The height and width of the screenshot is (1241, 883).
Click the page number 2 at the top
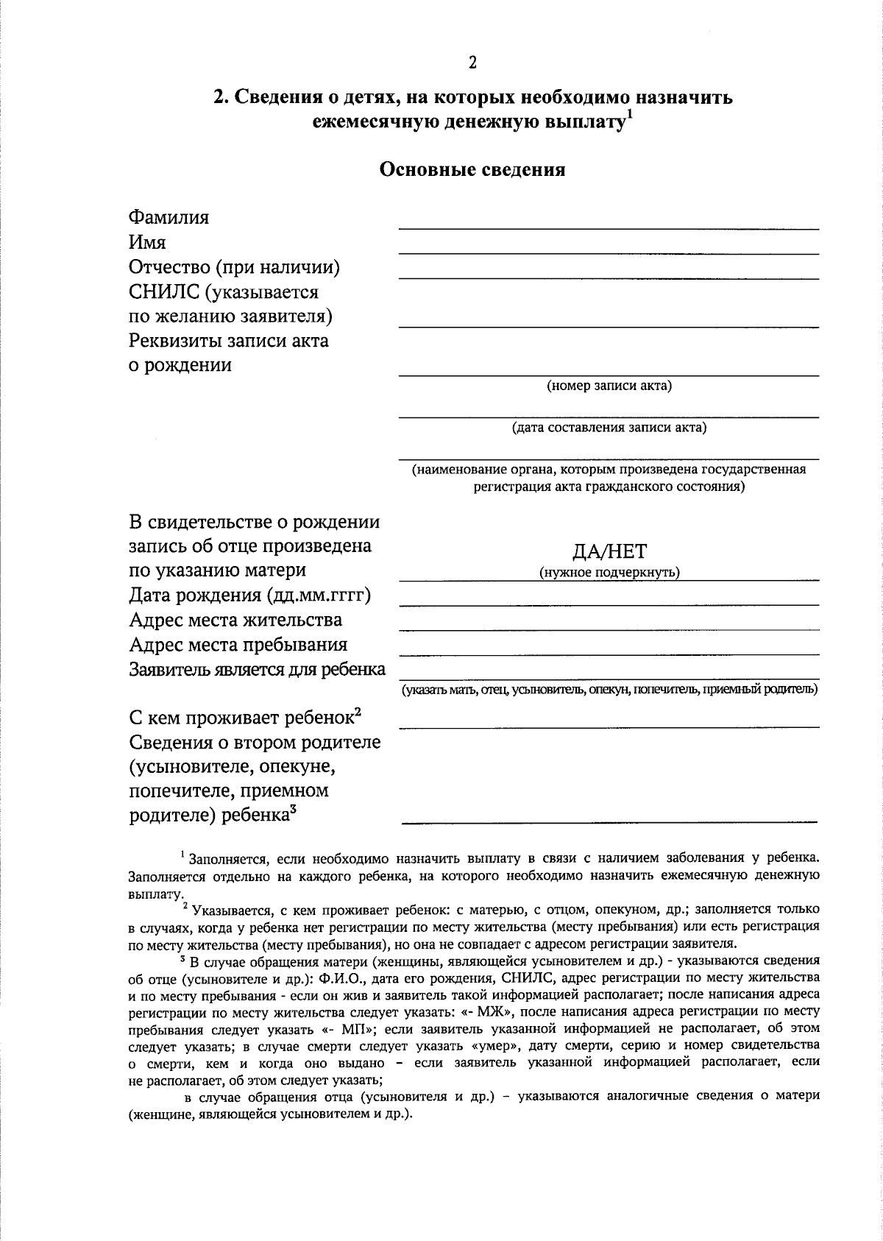coord(472,63)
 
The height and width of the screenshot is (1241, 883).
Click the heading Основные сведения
coord(472,170)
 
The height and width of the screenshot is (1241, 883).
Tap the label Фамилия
coord(169,218)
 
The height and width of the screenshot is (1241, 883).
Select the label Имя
coord(148,242)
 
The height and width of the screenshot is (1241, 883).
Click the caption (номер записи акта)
coord(609,386)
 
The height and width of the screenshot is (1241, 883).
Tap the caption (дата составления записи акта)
coord(609,428)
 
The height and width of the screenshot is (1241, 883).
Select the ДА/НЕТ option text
coord(609,552)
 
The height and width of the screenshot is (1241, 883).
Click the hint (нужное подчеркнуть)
coord(609,572)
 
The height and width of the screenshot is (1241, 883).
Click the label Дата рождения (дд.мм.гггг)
coord(249,595)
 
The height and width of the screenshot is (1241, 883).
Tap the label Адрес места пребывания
coord(238,645)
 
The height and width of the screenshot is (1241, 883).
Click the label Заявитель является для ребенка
coord(258,670)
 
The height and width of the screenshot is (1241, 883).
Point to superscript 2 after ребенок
coord(358,712)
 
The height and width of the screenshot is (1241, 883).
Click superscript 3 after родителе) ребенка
coord(293,810)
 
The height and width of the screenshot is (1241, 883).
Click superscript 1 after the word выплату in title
coord(629,113)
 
